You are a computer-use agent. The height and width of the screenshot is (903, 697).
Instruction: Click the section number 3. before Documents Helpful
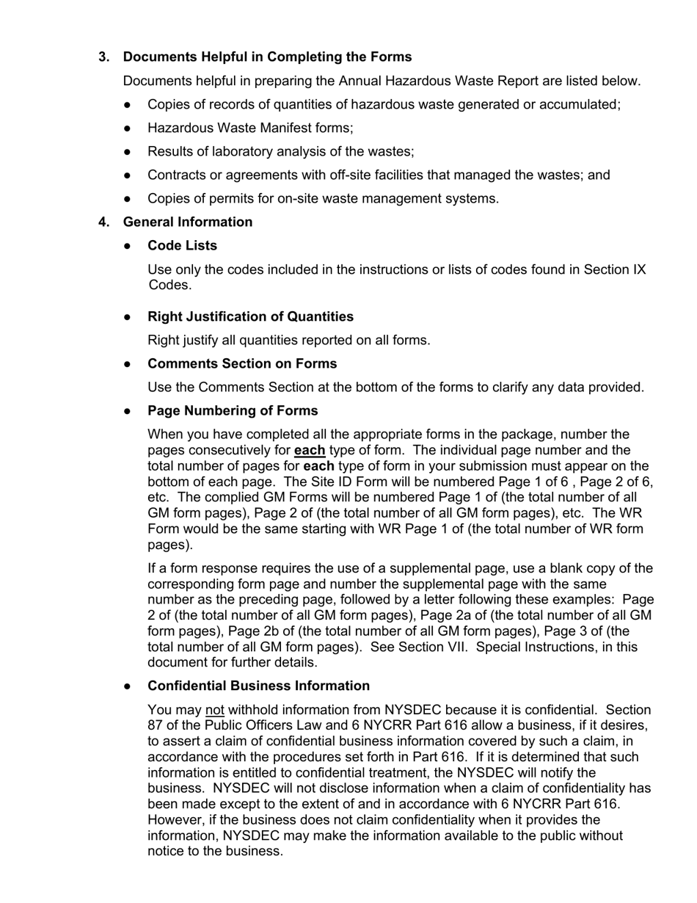[104, 57]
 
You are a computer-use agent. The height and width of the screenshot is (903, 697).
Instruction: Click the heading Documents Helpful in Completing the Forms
[267, 57]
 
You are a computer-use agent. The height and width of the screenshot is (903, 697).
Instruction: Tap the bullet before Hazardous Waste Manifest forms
[128, 128]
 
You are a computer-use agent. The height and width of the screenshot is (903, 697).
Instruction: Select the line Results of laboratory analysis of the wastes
[280, 152]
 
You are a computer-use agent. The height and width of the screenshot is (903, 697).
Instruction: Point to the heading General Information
[187, 222]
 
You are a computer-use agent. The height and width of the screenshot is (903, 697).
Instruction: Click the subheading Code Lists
[182, 245]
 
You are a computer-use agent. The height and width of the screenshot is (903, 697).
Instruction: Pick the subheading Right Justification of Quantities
[250, 316]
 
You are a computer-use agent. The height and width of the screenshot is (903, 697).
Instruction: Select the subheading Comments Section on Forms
[242, 364]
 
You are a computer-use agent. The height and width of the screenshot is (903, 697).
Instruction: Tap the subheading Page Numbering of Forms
[233, 411]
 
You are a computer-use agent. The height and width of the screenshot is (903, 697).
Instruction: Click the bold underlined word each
[309, 451]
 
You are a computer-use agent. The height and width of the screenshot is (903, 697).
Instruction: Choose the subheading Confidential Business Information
[258, 686]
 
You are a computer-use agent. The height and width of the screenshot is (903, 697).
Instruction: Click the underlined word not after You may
[214, 710]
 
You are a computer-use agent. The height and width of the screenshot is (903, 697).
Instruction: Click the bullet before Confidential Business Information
[128, 686]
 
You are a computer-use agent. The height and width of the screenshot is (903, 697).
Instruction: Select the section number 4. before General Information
[104, 222]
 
